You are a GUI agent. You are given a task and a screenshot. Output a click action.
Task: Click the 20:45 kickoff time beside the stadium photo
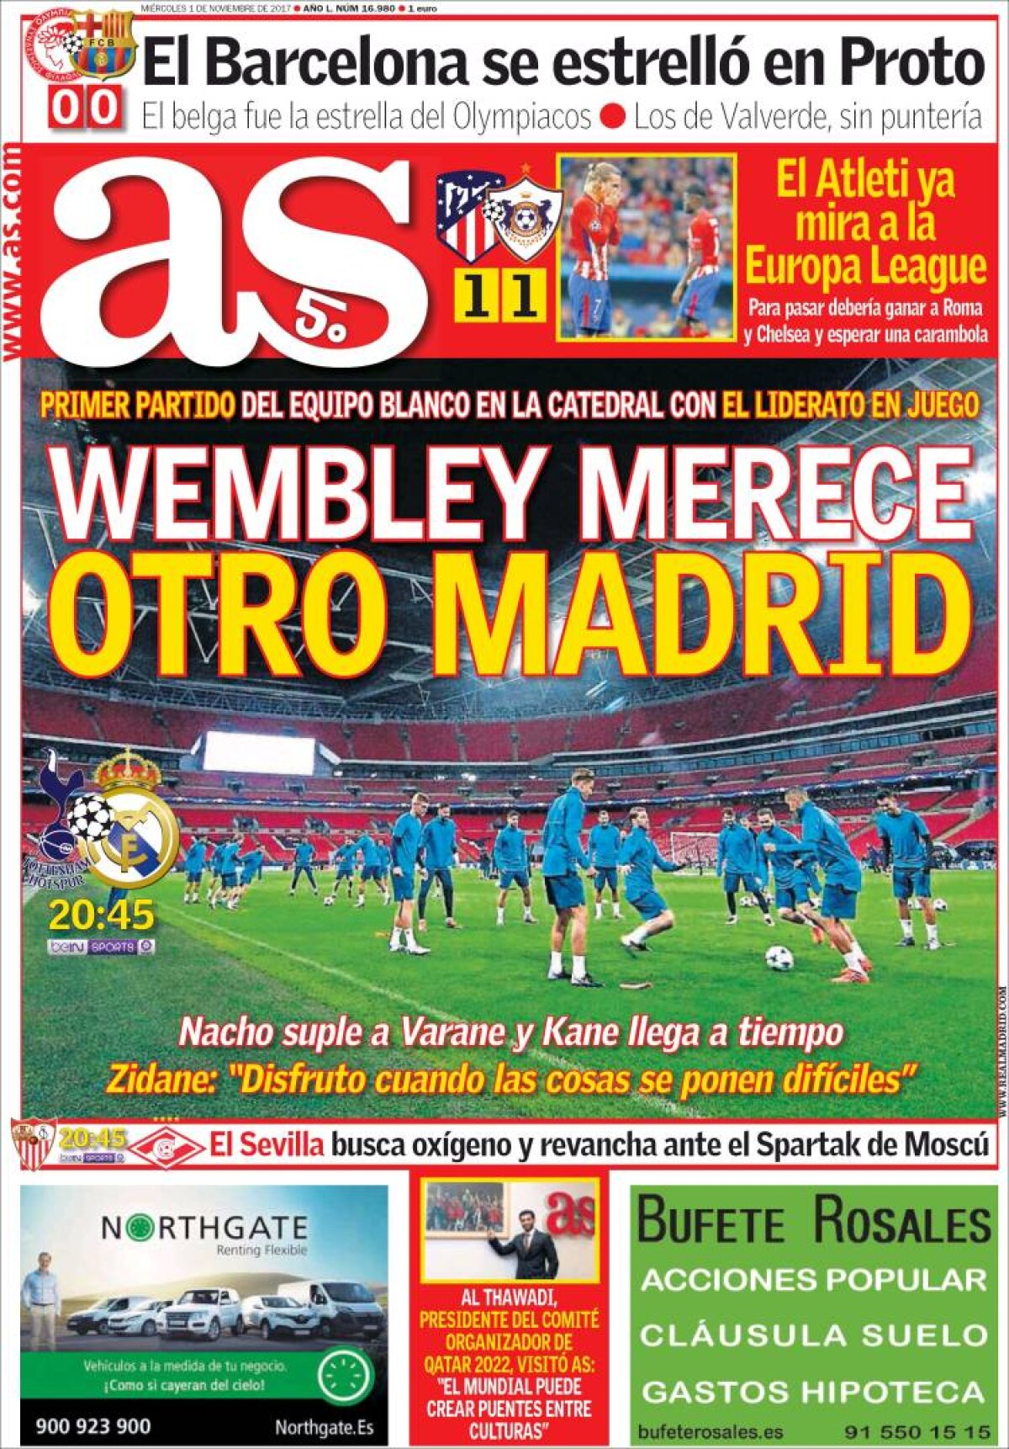point(102,914)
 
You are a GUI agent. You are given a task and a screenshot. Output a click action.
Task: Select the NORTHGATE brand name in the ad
point(204,1229)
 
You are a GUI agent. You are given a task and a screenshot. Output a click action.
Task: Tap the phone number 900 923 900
point(93,1425)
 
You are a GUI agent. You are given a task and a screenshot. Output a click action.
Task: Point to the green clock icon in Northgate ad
point(346,1377)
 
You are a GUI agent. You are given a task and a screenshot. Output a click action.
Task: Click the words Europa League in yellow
point(865,268)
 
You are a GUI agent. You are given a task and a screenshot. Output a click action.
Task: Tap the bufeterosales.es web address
point(711,1431)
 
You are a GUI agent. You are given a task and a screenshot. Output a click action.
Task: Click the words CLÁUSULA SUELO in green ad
point(813,1335)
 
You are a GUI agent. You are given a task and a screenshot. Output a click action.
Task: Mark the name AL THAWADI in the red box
point(510,1298)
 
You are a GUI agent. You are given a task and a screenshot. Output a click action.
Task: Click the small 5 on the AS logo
point(308,321)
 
